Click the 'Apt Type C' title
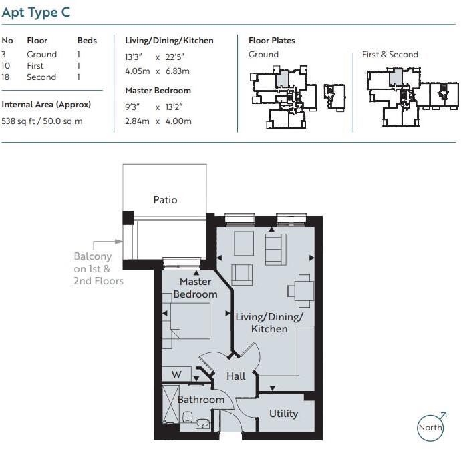(36, 13)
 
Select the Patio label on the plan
(165, 200)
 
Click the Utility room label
(283, 414)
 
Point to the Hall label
(236, 376)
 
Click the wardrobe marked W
(176, 374)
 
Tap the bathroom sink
(202, 424)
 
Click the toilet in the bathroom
(187, 416)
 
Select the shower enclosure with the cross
(171, 404)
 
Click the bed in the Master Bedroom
(190, 321)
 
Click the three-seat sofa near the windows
(275, 250)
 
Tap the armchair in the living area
(242, 275)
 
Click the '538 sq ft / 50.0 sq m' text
(42, 121)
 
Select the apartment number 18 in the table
(5, 77)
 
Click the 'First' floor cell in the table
(35, 66)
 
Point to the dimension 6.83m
(178, 71)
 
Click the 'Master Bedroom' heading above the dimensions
(158, 91)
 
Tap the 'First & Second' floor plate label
(390, 55)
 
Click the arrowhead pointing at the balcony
(119, 242)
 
